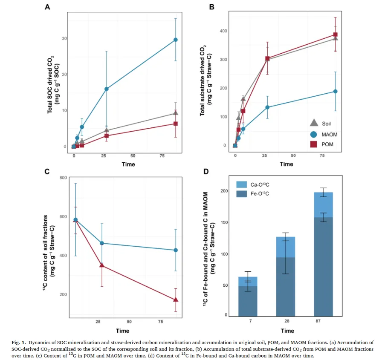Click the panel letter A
point(48,7)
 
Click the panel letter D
point(206,172)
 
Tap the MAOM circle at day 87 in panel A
point(175,40)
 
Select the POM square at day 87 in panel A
point(175,124)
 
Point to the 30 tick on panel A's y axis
point(64,38)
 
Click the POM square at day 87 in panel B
point(336,35)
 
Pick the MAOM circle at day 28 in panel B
point(267,107)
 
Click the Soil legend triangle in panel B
point(314,123)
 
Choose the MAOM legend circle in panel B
point(314,134)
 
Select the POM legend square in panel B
point(314,145)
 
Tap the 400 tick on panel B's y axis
point(223,31)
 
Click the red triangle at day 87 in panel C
point(175,300)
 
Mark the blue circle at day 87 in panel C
point(175,250)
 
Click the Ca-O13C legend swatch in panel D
point(242,184)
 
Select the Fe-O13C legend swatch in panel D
point(242,193)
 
